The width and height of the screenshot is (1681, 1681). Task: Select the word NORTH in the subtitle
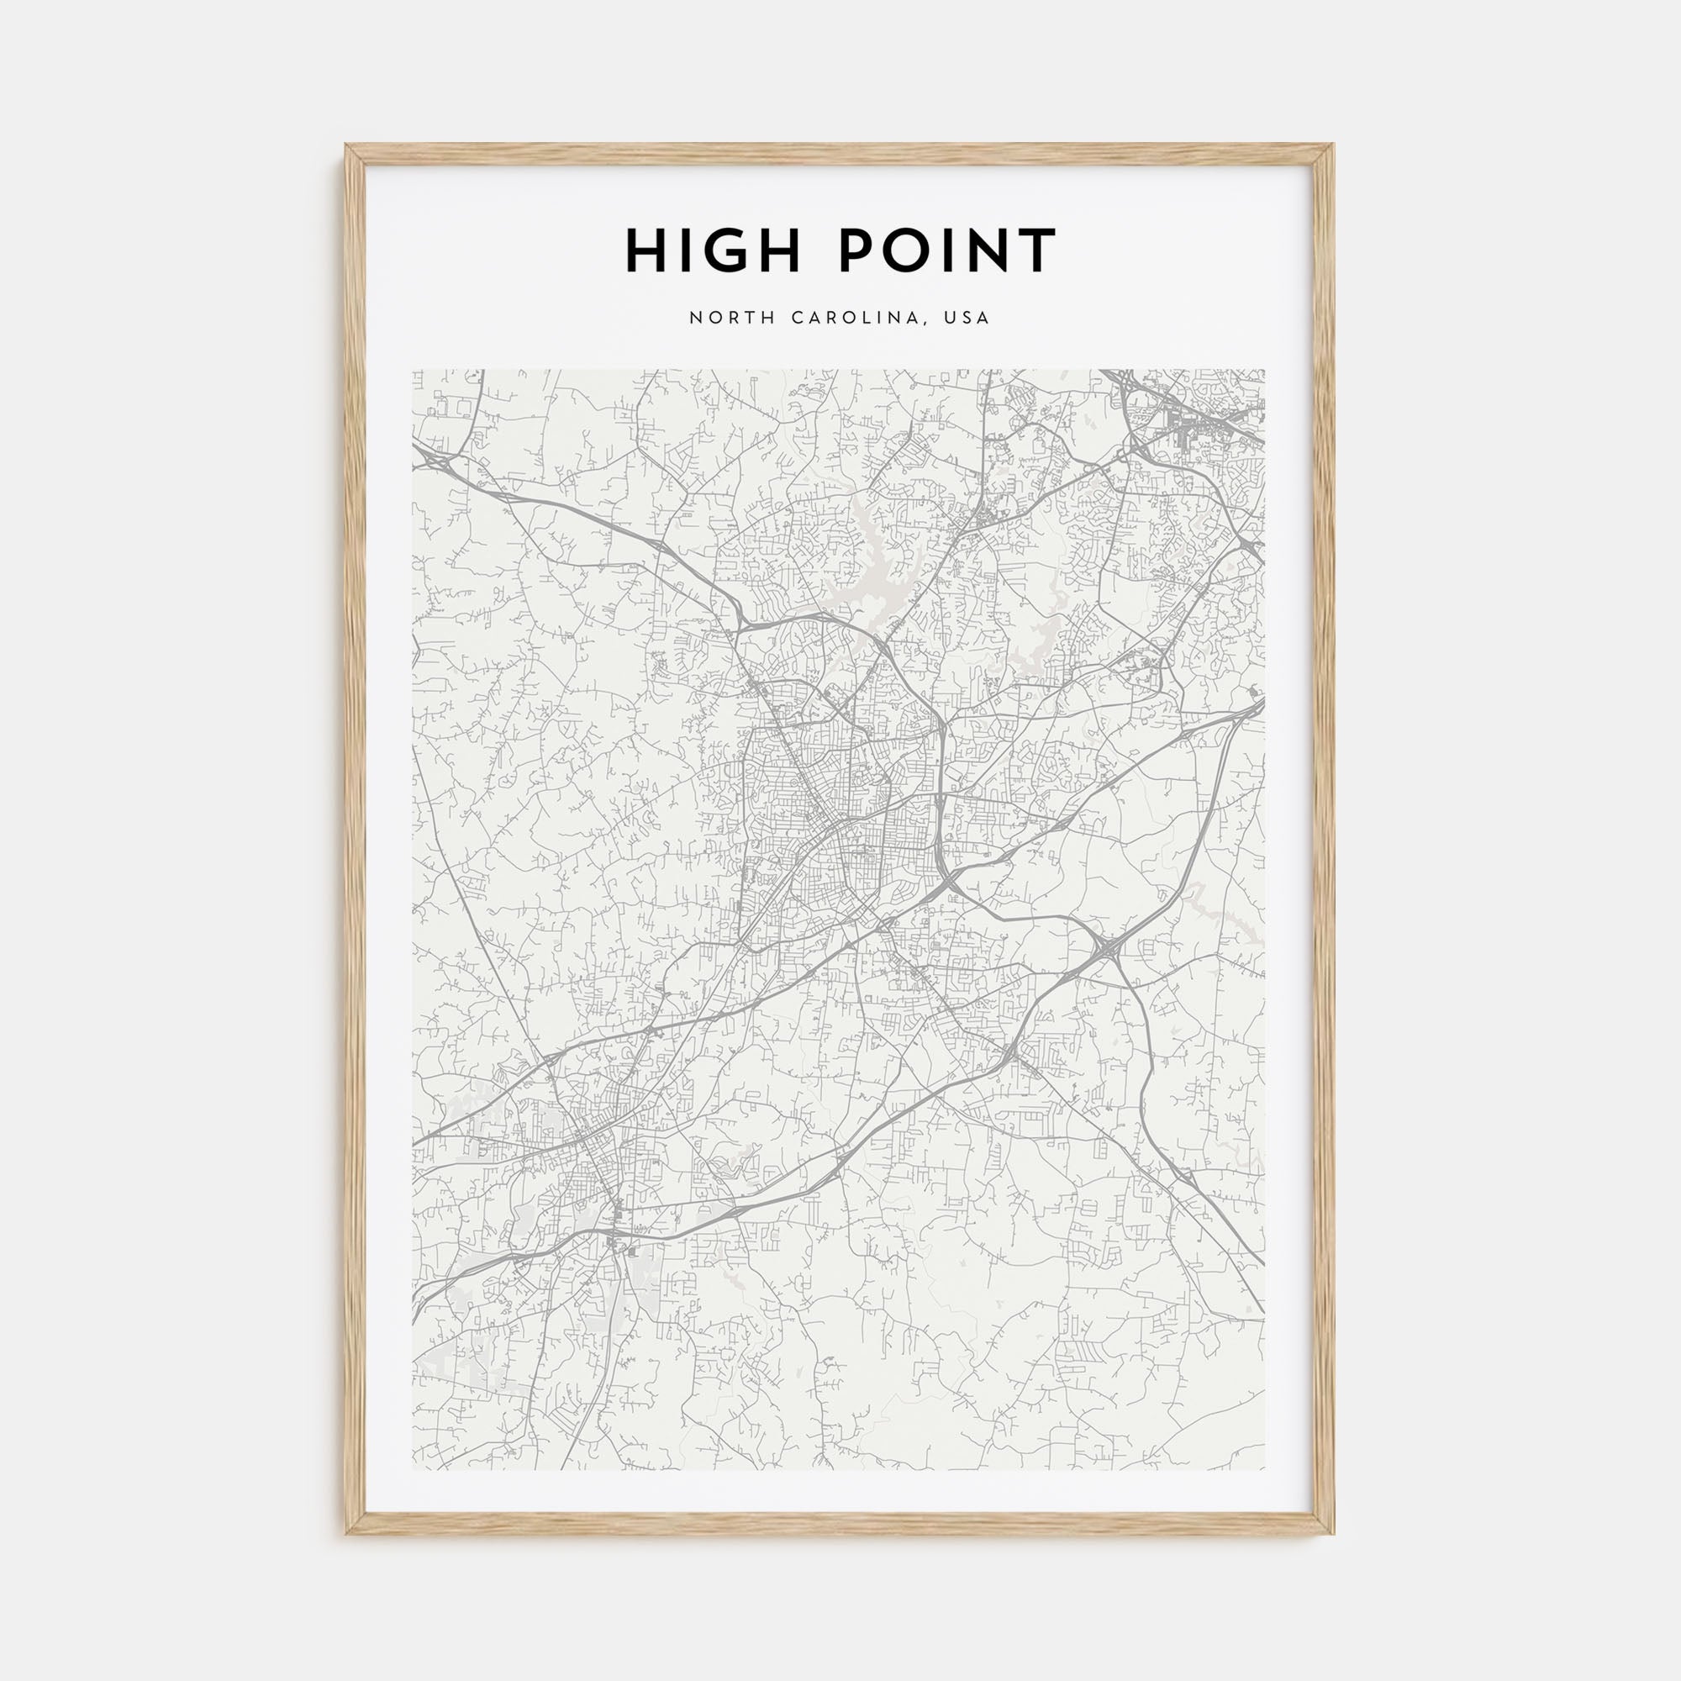(x=733, y=319)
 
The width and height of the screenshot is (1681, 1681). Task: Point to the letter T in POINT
(x=1038, y=251)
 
